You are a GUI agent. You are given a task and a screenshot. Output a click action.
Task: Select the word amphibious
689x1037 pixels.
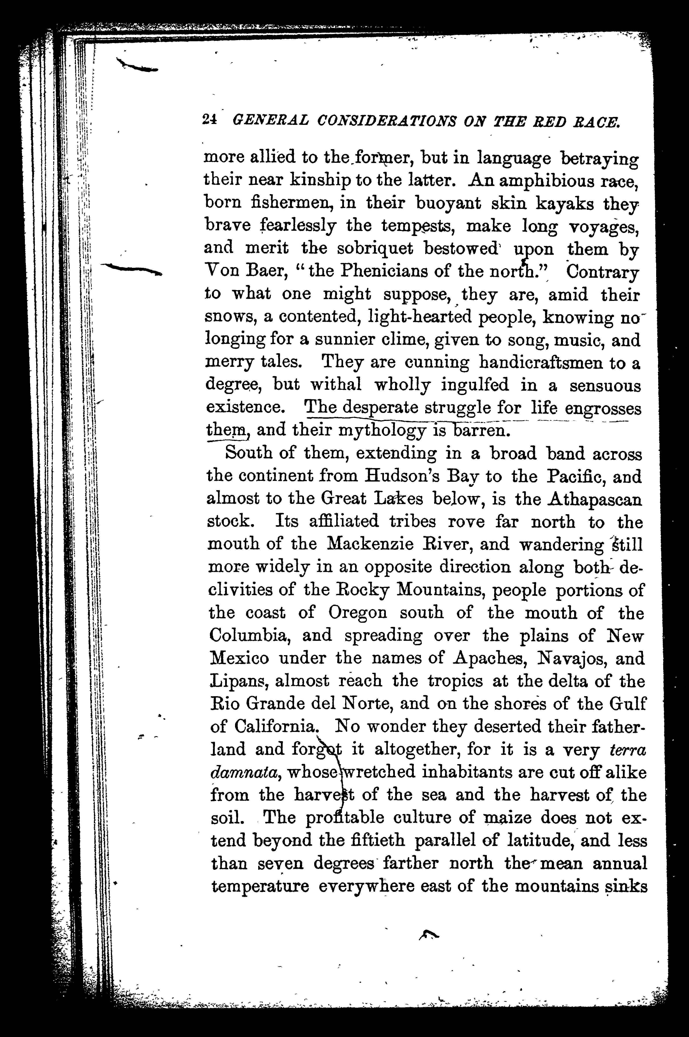point(547,181)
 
